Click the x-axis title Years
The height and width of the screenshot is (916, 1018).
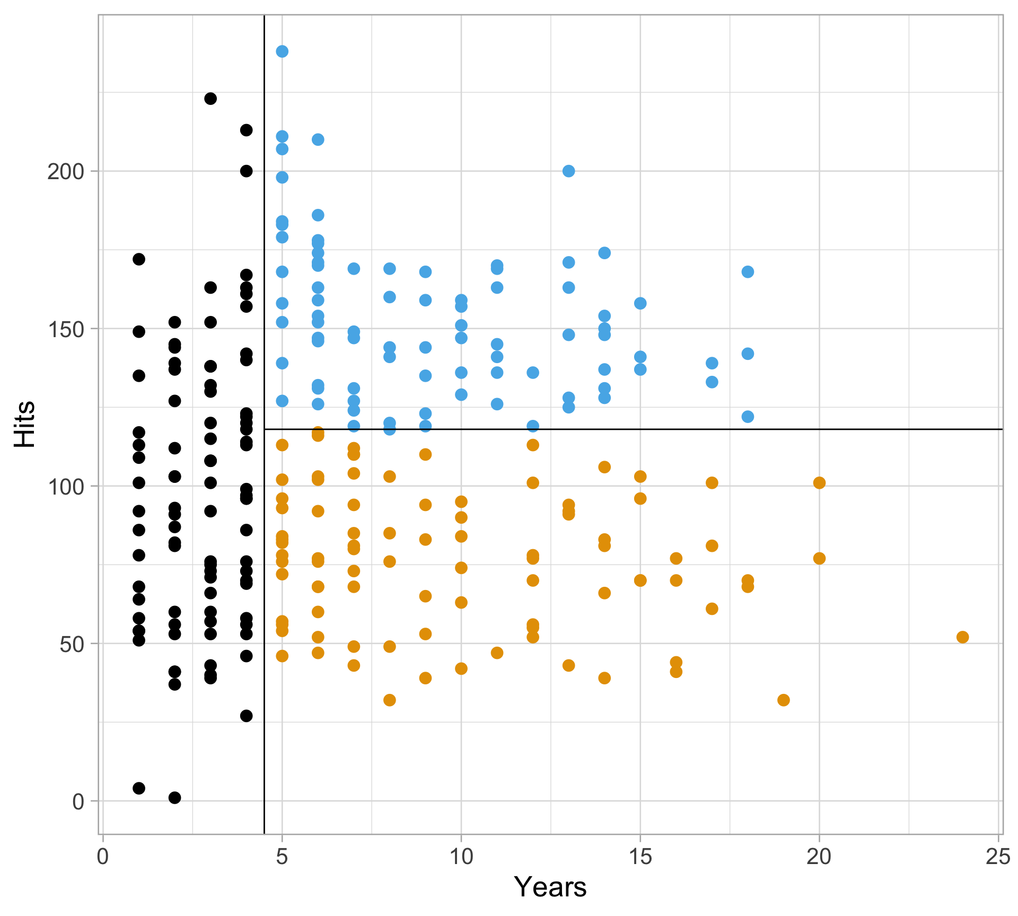tap(550, 887)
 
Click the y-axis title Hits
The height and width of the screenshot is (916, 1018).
tap(25, 424)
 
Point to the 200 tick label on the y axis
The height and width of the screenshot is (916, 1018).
tap(66, 172)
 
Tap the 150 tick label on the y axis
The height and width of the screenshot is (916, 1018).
tap(66, 329)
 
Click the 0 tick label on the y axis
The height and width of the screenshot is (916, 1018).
tap(78, 802)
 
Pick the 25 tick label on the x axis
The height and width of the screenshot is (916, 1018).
tap(998, 857)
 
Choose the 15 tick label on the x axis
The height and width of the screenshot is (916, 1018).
tap(640, 857)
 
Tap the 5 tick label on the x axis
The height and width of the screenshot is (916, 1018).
tap(282, 857)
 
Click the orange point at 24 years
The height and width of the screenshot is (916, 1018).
tap(962, 637)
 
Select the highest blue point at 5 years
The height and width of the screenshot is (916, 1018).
tap(282, 51)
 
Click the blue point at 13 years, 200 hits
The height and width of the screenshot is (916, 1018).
tap(568, 171)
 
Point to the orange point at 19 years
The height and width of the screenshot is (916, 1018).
tap(783, 700)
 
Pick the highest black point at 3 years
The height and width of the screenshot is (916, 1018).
tap(210, 99)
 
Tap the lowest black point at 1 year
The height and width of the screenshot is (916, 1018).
tap(139, 788)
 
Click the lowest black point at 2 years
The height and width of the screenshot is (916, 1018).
tap(174, 798)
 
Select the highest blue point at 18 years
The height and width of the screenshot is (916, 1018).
tap(748, 272)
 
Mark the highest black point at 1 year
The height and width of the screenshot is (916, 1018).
tap(139, 259)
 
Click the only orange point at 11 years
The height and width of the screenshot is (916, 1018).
tap(497, 653)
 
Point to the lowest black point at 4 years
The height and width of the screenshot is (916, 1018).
tap(246, 716)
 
